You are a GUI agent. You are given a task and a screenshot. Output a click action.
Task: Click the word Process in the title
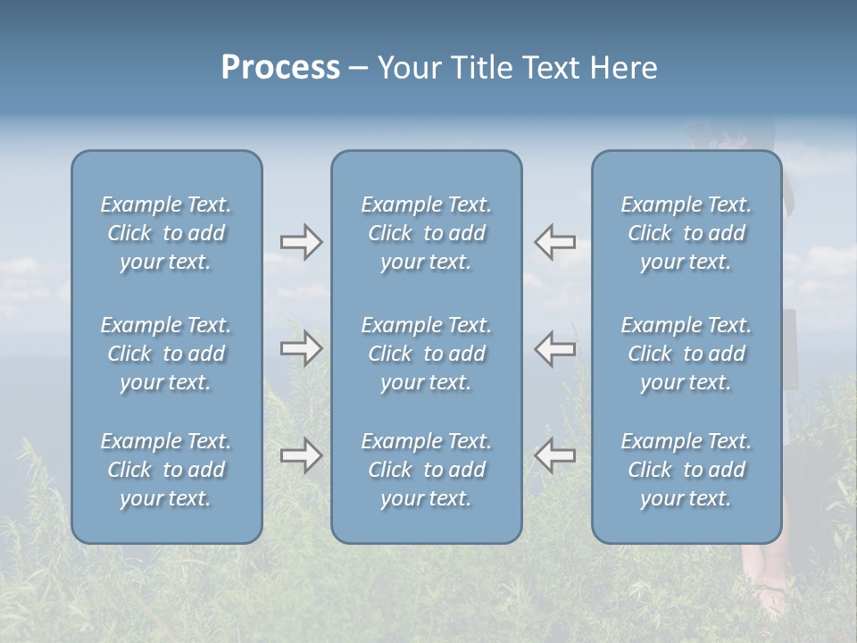pyautogui.click(x=280, y=68)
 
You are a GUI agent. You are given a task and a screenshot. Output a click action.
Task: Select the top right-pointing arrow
pyautogui.click(x=301, y=242)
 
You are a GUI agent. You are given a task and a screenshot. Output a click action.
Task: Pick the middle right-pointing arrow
pyautogui.click(x=301, y=348)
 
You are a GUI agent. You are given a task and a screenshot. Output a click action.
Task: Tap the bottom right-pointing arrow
pyautogui.click(x=301, y=455)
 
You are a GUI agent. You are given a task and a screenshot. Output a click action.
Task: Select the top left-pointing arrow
pyautogui.click(x=555, y=242)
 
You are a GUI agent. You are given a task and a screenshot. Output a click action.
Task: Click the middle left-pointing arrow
pyautogui.click(x=555, y=348)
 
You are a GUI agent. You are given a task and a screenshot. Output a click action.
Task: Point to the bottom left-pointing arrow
pyautogui.click(x=555, y=455)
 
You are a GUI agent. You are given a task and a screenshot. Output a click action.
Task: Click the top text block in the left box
pyautogui.click(x=166, y=233)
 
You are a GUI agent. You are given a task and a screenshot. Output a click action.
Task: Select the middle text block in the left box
pyautogui.click(x=166, y=354)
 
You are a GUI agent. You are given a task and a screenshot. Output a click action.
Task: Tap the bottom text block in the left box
pyautogui.click(x=166, y=470)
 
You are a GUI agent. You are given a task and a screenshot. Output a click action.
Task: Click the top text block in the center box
pyautogui.click(x=427, y=233)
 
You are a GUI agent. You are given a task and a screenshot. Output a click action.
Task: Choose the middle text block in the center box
pyautogui.click(x=427, y=354)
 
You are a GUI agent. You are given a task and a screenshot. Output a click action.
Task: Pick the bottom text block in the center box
pyautogui.click(x=427, y=470)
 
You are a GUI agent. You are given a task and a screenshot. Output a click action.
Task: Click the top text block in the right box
pyautogui.click(x=686, y=233)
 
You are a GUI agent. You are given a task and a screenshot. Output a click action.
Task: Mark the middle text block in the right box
pyautogui.click(x=686, y=354)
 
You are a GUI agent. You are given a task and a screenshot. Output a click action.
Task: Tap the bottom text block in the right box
pyautogui.click(x=686, y=470)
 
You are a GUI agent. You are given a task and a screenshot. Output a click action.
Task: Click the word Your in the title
pyautogui.click(x=408, y=68)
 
